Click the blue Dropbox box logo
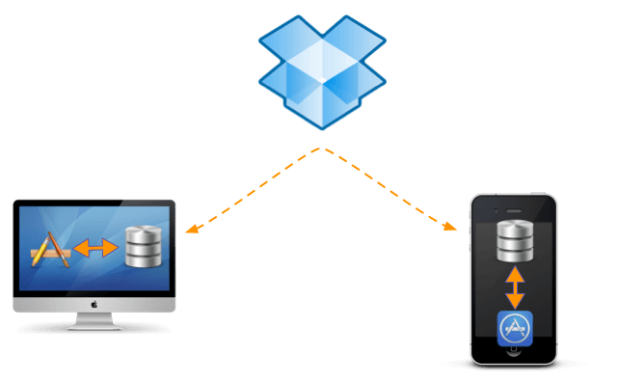(x=322, y=71)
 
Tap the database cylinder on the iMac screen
(x=145, y=248)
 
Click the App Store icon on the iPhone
(x=515, y=329)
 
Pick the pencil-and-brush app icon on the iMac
(x=52, y=250)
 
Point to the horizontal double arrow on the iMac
(x=97, y=249)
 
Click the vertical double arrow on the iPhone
(x=515, y=286)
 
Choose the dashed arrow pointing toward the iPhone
(x=389, y=189)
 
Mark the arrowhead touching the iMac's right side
(x=191, y=230)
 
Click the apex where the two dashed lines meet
(x=322, y=149)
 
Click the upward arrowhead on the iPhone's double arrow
(x=515, y=274)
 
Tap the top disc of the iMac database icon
(x=145, y=232)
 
